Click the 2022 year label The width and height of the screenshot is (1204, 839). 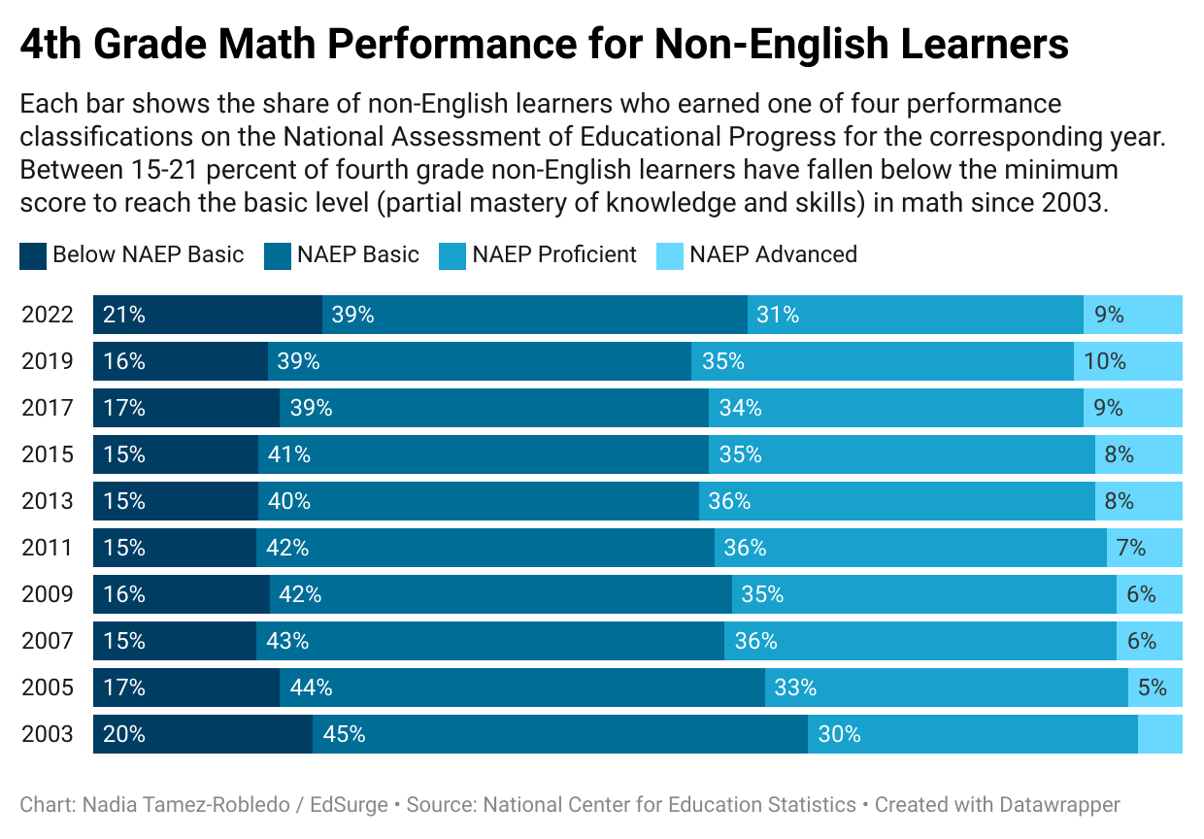click(48, 315)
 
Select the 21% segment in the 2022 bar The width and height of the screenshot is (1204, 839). click(208, 315)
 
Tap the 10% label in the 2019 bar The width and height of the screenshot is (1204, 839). click(1105, 361)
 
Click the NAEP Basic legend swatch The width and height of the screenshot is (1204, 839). click(278, 255)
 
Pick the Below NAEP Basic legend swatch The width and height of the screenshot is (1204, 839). click(33, 255)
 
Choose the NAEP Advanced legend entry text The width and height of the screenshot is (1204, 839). click(773, 254)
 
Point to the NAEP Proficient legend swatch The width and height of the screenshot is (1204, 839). click(452, 255)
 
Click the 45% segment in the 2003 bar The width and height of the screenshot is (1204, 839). click(560, 734)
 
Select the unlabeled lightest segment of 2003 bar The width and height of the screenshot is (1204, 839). click(1160, 734)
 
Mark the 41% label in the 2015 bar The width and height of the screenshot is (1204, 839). click(289, 454)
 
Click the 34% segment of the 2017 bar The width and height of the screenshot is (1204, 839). click(896, 408)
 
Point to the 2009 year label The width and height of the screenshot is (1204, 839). click(48, 594)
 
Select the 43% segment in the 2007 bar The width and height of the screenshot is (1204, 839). click(490, 641)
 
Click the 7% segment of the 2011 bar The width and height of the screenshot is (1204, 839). click(1145, 548)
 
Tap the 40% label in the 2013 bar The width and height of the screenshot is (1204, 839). click(289, 501)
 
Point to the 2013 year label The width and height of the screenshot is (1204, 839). click(48, 501)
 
